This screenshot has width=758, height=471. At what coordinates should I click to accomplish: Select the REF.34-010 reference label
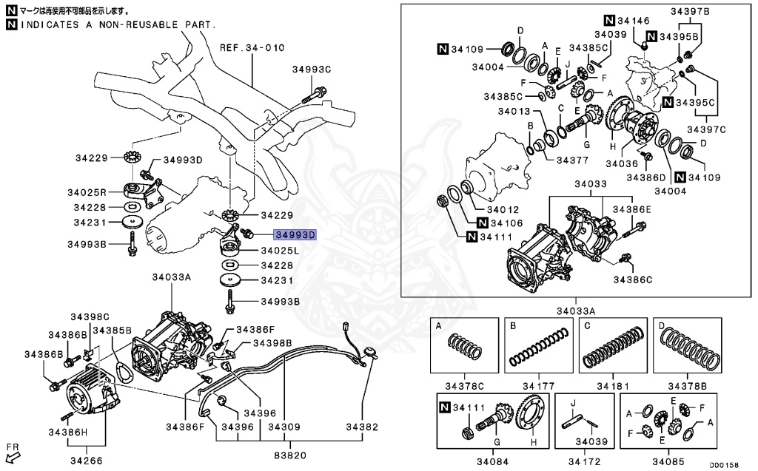point(252,48)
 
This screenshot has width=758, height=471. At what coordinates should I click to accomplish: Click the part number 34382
point(362,427)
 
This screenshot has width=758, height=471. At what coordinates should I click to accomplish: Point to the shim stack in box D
point(688,348)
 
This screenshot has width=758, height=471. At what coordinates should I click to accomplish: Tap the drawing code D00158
point(723,465)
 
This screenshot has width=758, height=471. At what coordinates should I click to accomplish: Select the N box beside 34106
point(482,223)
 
